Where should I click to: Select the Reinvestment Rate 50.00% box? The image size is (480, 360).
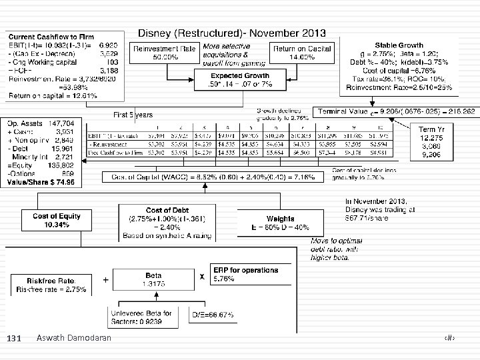pos(165,53)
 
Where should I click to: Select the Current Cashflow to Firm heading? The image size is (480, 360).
pos(42,35)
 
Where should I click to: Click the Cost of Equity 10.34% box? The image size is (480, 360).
pos(56,220)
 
